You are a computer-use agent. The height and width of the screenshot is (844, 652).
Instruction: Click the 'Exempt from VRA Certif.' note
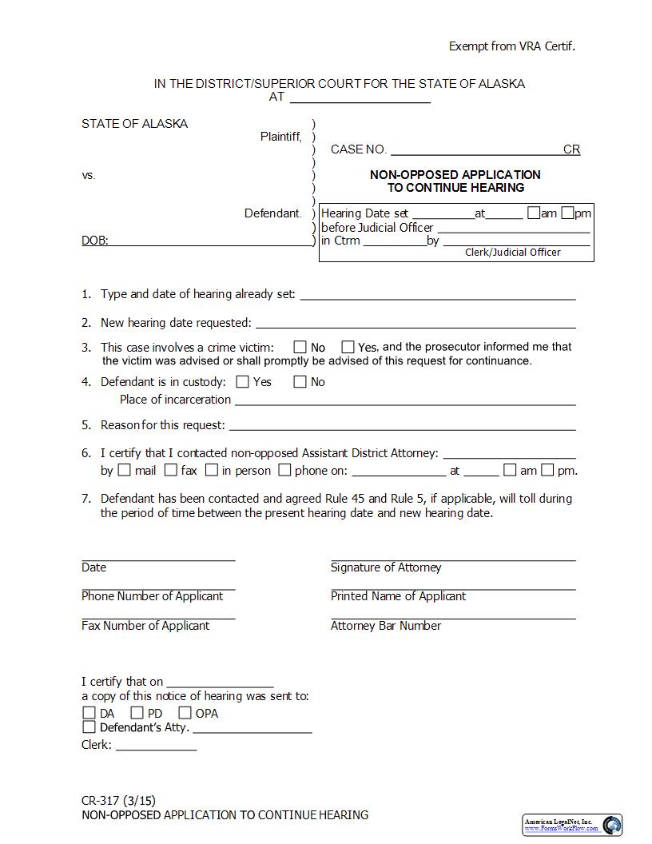pyautogui.click(x=511, y=46)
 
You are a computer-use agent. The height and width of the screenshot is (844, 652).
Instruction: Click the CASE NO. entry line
pyautogui.click(x=476, y=149)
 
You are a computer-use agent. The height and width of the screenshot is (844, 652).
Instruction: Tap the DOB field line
pyautogui.click(x=211, y=241)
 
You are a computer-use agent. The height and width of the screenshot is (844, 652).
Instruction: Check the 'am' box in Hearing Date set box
pyautogui.click(x=534, y=213)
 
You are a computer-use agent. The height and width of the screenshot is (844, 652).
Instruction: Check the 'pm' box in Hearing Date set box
pyautogui.click(x=567, y=213)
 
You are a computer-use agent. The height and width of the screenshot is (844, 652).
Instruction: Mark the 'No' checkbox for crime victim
pyautogui.click(x=300, y=347)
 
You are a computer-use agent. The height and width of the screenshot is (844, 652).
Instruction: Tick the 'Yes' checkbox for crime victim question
pyautogui.click(x=348, y=347)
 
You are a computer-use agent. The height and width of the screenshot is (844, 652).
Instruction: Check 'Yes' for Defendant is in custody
pyautogui.click(x=243, y=382)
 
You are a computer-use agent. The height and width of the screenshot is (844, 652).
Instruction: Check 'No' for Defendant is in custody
pyautogui.click(x=300, y=382)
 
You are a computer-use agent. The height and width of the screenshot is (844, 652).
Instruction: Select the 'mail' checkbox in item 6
pyautogui.click(x=125, y=470)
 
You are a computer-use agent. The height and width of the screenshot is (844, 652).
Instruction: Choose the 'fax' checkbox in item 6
pyautogui.click(x=170, y=470)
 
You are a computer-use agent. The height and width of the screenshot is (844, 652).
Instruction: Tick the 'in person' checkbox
pyautogui.click(x=212, y=470)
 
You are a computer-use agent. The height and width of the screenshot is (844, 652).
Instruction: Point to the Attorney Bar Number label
pyautogui.click(x=386, y=626)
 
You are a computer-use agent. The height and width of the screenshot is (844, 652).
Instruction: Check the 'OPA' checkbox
pyautogui.click(x=185, y=713)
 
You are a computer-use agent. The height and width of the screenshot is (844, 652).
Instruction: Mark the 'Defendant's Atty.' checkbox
pyautogui.click(x=89, y=727)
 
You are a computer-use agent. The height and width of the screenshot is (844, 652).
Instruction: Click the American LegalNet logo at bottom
pyautogui.click(x=572, y=825)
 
